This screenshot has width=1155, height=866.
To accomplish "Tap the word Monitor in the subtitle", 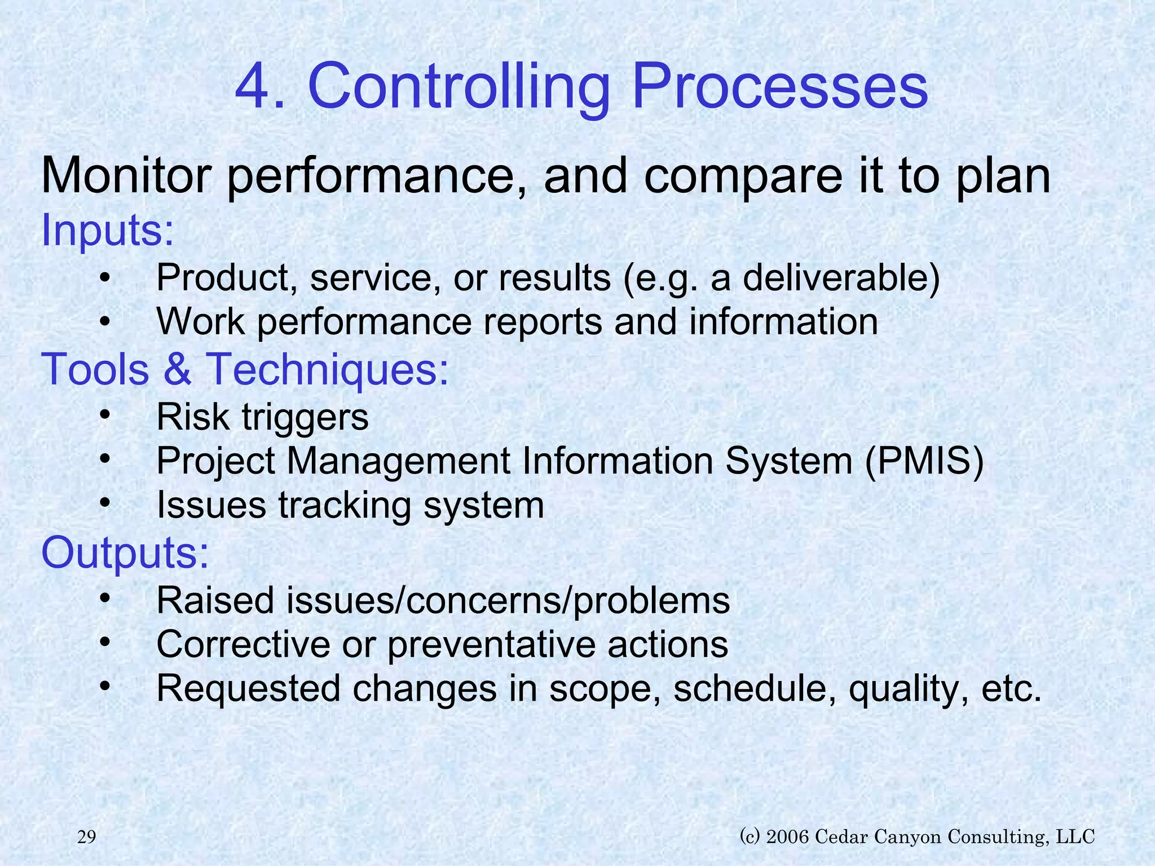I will click(x=125, y=176).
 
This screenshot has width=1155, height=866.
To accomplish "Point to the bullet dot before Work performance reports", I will click(x=104, y=322).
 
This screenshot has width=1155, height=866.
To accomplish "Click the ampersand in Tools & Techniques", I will click(x=178, y=369).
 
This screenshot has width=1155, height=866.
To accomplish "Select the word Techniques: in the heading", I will click(x=329, y=370).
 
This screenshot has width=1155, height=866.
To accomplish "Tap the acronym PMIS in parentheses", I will click(x=924, y=461).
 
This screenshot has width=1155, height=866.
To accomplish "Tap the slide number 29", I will click(x=86, y=837).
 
